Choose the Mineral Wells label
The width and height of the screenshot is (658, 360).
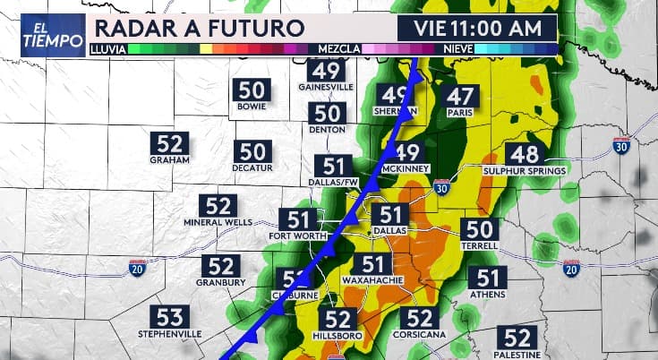pyautogui.click(x=221, y=222)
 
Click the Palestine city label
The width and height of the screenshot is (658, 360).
pyautogui.click(x=518, y=354)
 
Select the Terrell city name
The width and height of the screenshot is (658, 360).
pyautogui.click(x=480, y=244)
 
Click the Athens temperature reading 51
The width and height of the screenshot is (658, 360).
pyautogui.click(x=488, y=278)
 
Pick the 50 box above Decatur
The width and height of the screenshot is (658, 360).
pyautogui.click(x=252, y=152)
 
